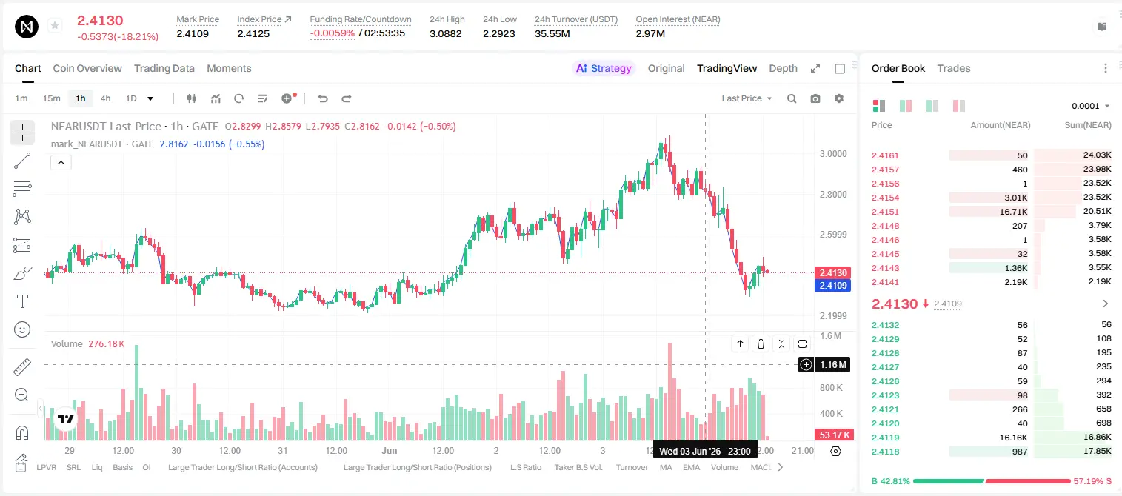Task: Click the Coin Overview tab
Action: [87, 68]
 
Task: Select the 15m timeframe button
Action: [51, 98]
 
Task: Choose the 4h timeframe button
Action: [105, 98]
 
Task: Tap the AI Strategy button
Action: [604, 68]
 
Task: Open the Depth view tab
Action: [783, 68]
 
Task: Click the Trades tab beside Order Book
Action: [954, 68]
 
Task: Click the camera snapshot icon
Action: [815, 98]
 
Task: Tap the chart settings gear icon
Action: [839, 98]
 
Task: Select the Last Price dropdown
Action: [747, 98]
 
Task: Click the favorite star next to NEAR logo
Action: [55, 25]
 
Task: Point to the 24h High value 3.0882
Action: [445, 33]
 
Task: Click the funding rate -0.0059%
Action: [332, 33]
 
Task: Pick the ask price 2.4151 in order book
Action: [885, 212]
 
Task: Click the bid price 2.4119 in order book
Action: [885, 438]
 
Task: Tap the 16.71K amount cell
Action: [1013, 212]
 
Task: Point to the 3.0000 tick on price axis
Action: [833, 154]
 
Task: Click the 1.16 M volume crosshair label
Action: [832, 364]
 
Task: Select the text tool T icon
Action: [22, 301]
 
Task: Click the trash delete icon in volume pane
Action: [761, 343]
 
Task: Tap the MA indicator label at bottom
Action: [666, 467]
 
